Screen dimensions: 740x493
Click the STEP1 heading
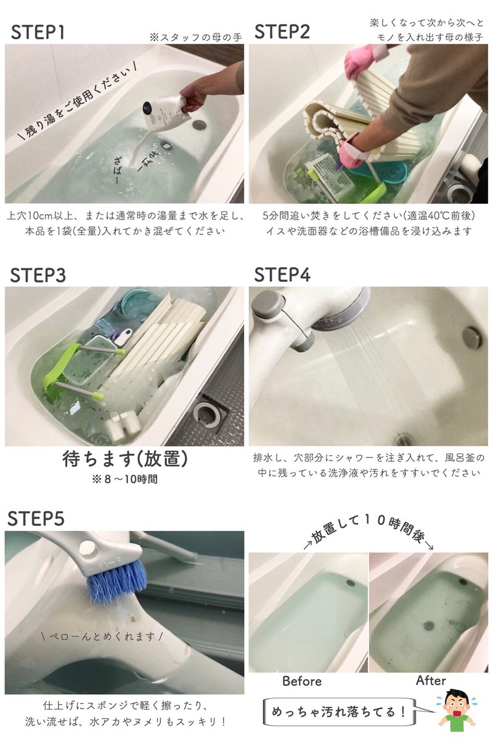pos(38,33)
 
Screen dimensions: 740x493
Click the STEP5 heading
pos(36,519)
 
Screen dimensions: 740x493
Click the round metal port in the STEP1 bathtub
pos(198,123)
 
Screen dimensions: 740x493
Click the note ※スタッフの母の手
pos(195,37)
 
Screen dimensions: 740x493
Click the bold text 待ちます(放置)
pos(125,459)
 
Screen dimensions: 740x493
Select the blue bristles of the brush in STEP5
pos(116,580)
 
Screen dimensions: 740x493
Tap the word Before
pos(302,681)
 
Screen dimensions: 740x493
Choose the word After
pos(431,680)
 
